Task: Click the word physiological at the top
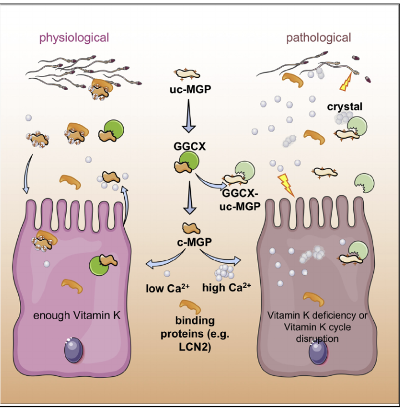click(x=74, y=38)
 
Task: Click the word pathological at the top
click(x=318, y=38)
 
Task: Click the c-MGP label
click(x=190, y=243)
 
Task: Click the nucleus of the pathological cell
click(x=318, y=352)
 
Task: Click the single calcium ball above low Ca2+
click(x=166, y=274)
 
